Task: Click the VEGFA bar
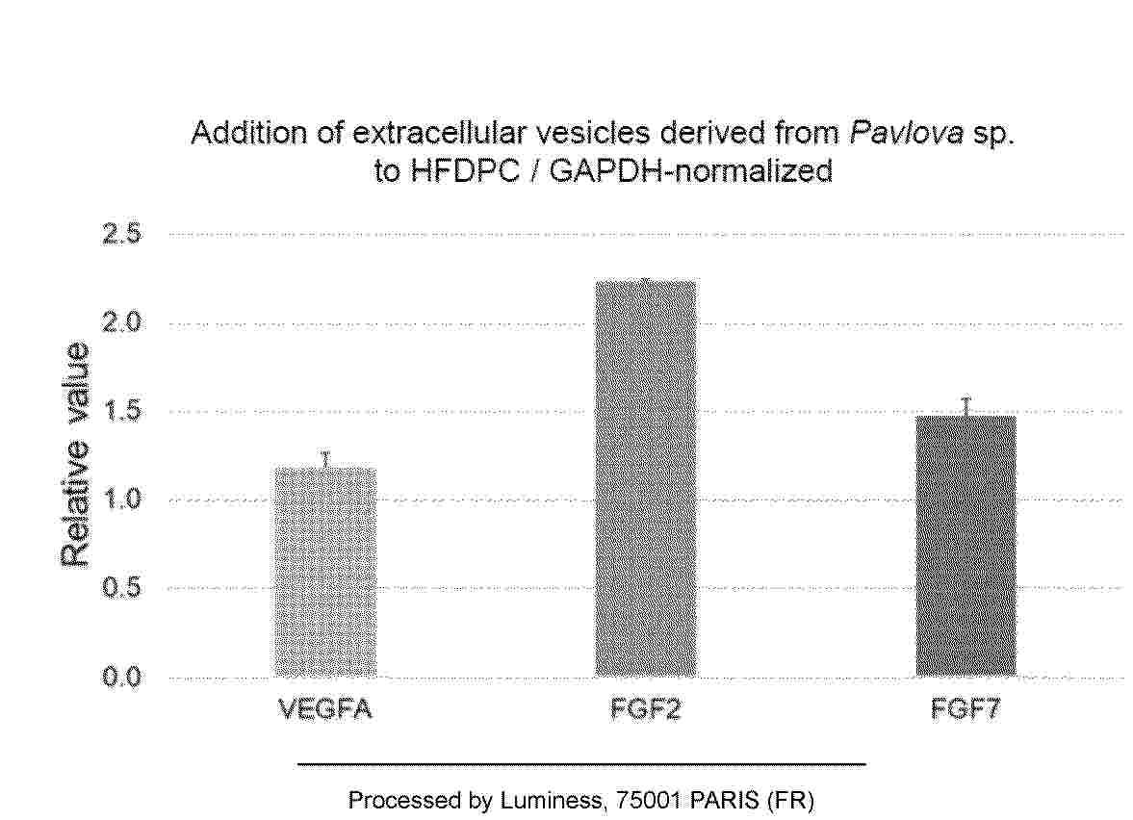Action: (x=325, y=573)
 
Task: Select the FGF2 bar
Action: (x=646, y=478)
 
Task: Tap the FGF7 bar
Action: (x=966, y=546)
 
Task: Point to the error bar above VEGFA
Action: (x=326, y=459)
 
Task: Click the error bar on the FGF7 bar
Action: (x=966, y=407)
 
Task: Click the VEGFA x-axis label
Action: (x=326, y=709)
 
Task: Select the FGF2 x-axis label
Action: (x=646, y=709)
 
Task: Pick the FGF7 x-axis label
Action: (x=966, y=709)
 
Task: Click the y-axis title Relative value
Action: (x=74, y=454)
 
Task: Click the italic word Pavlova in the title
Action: (x=906, y=133)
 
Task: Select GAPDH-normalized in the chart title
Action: (x=691, y=171)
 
